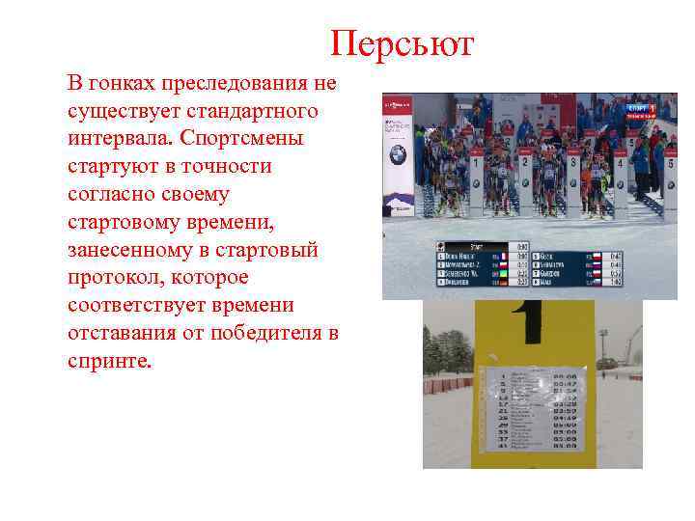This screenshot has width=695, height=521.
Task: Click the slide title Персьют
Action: tap(402, 43)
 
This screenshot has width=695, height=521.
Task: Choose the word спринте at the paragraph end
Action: tap(110, 361)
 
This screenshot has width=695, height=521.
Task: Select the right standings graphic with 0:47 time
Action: tap(590, 267)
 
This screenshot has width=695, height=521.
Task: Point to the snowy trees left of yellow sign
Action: tap(446, 352)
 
